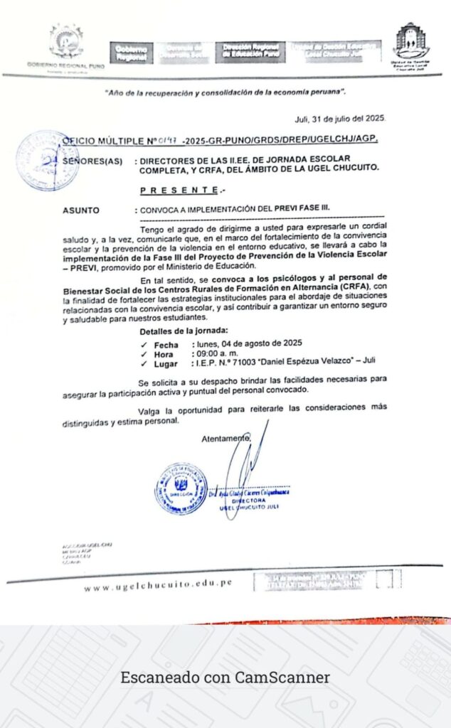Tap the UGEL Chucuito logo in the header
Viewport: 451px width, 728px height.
(x=412, y=44)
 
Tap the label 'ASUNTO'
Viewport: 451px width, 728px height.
(x=81, y=210)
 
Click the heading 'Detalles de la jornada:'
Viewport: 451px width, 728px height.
(x=184, y=331)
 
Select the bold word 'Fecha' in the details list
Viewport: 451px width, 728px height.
(x=166, y=345)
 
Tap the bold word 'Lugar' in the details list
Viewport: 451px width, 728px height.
(x=166, y=364)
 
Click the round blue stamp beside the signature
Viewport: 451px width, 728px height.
(x=181, y=488)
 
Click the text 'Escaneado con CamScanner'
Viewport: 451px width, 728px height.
(x=225, y=678)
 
